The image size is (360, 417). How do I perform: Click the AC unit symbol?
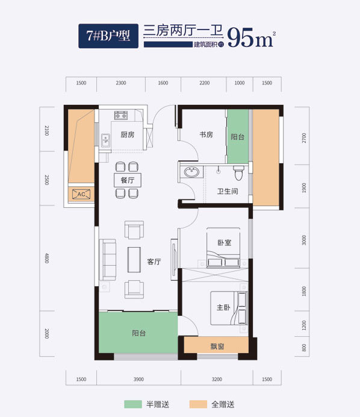coord(81,194)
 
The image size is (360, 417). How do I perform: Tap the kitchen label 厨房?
coord(128,134)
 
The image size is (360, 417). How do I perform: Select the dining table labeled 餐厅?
coord(128,180)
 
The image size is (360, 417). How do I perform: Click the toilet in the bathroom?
coord(238,172)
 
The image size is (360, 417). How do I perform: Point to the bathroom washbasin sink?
coord(191,172)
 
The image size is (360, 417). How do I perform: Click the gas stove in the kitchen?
coord(121,116)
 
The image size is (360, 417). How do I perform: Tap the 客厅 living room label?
coord(154,262)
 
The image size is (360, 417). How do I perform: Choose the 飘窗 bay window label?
coord(217,346)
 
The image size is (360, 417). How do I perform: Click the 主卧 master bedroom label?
coord(223,307)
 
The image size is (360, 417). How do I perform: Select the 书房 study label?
coord(206,134)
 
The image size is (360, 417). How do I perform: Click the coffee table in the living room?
coord(134,260)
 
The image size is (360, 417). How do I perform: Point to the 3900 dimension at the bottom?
coord(138,379)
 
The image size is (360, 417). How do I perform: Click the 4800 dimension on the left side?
coord(47,258)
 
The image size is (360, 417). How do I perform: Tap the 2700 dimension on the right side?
coord(304,138)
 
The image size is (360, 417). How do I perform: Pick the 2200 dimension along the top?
coord(205,83)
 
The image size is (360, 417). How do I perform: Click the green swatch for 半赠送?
coord(133,404)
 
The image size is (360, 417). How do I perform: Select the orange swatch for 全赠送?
coord(198,404)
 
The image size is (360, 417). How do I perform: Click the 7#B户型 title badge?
coord(108,36)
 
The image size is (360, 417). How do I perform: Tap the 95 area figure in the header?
coord(241,37)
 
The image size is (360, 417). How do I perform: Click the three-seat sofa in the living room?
coord(108,260)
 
